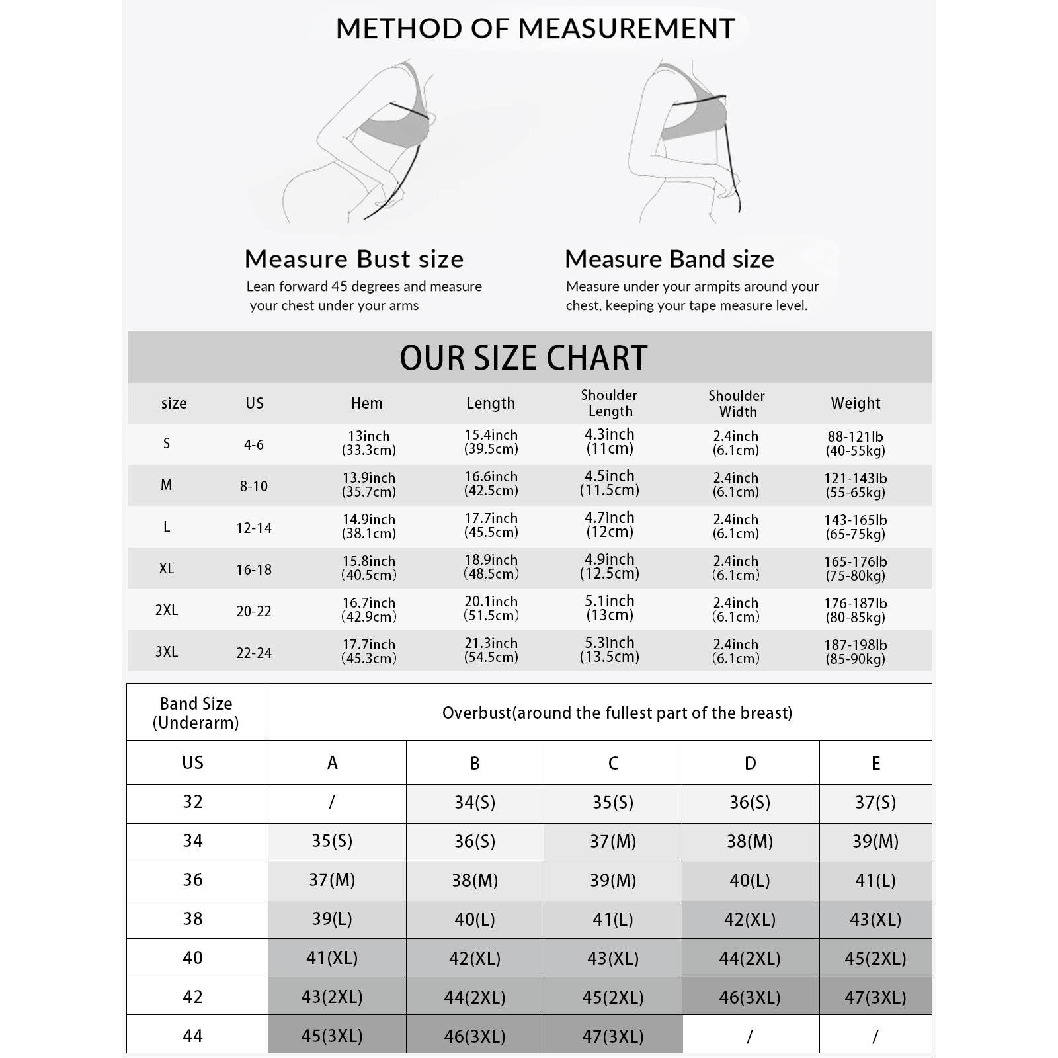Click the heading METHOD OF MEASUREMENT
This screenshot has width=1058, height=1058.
536,29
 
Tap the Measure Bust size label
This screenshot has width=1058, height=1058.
354,259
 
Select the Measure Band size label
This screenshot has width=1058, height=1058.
669,259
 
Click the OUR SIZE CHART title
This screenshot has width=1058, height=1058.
523,358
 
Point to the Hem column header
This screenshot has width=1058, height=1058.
366,403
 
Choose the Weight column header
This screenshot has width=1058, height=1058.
856,403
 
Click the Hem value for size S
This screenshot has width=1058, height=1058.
368,443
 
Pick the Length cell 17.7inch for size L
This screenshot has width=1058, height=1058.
491,525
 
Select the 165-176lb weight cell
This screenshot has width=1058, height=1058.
855,568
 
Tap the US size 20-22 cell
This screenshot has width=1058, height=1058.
254,611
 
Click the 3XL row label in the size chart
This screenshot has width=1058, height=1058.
167,652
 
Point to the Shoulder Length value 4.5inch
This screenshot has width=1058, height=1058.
609,483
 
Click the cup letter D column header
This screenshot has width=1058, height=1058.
750,764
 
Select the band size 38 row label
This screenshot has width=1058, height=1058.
192,919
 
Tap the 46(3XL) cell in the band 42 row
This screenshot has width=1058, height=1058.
750,997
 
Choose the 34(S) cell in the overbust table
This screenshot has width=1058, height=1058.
475,803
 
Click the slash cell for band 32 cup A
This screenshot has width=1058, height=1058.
332,803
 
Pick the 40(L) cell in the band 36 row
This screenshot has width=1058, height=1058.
750,880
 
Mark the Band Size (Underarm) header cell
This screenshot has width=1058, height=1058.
196,713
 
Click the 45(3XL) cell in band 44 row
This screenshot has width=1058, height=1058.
332,1036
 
